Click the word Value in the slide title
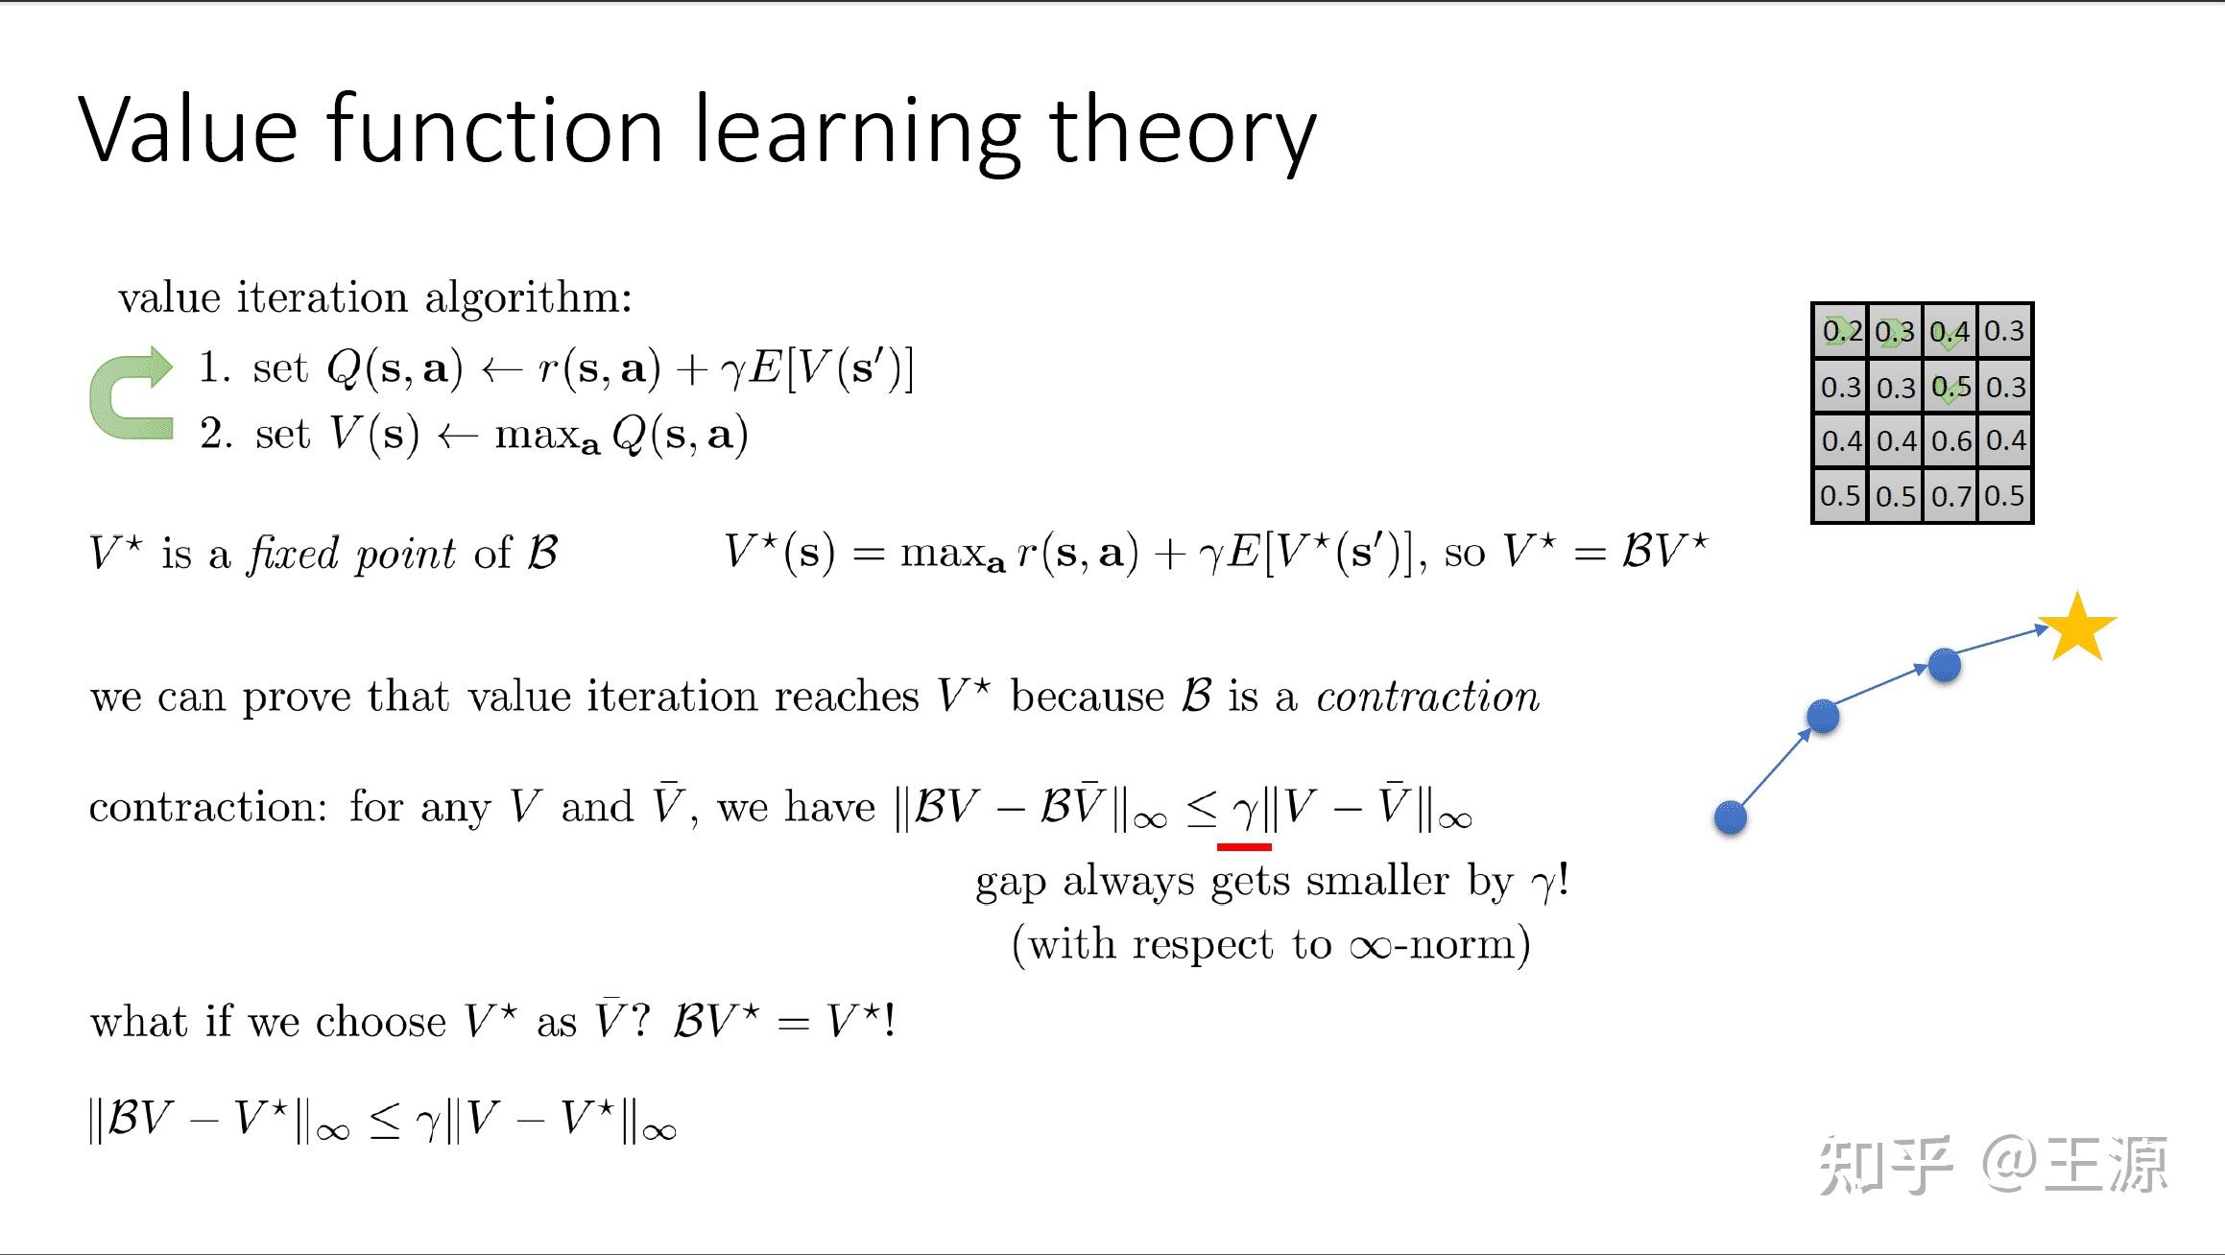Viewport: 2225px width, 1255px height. click(188, 129)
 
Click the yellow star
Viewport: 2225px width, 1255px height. click(2077, 628)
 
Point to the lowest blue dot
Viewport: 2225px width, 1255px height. click(1730, 817)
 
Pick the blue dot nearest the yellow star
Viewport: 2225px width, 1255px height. click(1944, 665)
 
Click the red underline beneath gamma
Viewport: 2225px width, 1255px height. click(1244, 846)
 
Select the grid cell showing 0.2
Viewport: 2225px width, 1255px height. click(1840, 331)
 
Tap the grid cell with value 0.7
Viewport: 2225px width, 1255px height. click(1950, 496)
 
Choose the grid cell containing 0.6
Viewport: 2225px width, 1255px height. click(1950, 441)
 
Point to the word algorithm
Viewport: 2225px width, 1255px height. click(528, 297)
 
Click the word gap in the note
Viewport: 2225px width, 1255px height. click(1010, 881)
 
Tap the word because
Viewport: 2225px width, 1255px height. click(1087, 697)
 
